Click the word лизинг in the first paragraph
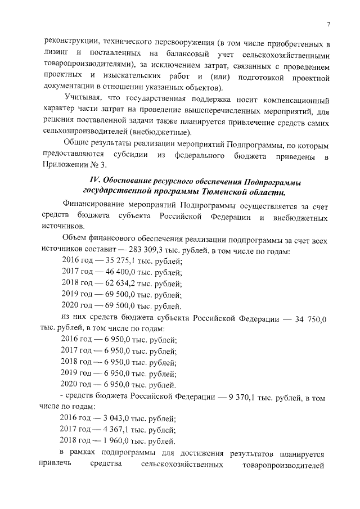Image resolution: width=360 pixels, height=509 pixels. coord(56,54)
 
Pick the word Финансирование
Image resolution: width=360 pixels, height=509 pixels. coord(93,205)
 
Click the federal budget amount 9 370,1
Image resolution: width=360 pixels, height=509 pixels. coord(245,397)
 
